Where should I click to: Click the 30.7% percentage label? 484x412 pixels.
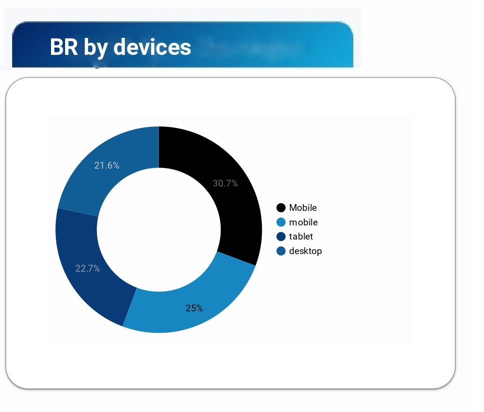click(x=225, y=183)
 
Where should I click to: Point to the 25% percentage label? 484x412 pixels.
click(x=194, y=308)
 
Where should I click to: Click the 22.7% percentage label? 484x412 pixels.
click(x=87, y=268)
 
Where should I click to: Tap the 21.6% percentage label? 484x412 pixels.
click(x=107, y=165)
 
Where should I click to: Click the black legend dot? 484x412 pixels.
click(x=281, y=207)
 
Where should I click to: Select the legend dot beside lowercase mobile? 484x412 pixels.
click(x=281, y=222)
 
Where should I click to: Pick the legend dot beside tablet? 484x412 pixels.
click(x=281, y=237)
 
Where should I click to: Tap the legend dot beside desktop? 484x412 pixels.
click(x=281, y=251)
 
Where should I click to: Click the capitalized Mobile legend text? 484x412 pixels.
click(x=303, y=207)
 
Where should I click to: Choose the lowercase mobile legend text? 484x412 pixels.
click(x=303, y=222)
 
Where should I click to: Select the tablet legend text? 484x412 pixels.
click(x=301, y=237)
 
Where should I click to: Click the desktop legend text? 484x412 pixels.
click(x=306, y=251)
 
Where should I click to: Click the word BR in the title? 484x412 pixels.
click(x=64, y=47)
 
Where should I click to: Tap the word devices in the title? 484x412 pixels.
click(x=152, y=47)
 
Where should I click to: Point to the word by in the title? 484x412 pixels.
click(x=96, y=48)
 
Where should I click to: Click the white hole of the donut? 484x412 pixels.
click(x=158, y=230)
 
